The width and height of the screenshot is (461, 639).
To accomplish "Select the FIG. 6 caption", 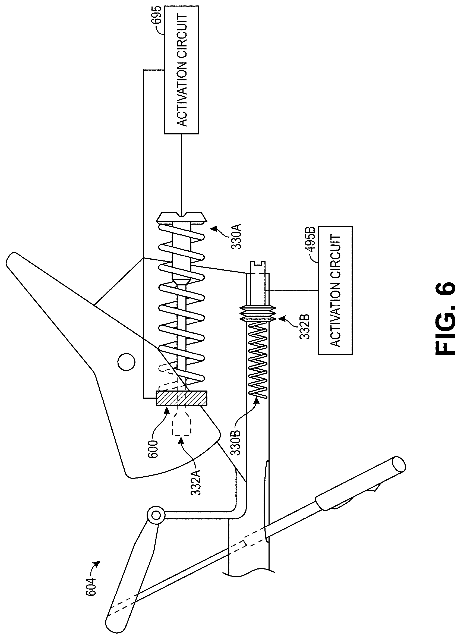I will (x=444, y=318).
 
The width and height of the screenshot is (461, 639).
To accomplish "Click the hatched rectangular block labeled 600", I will (x=182, y=398).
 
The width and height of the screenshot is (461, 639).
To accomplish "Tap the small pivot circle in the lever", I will (x=126, y=362).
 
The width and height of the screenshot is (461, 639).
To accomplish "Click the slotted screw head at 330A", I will (x=182, y=216).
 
